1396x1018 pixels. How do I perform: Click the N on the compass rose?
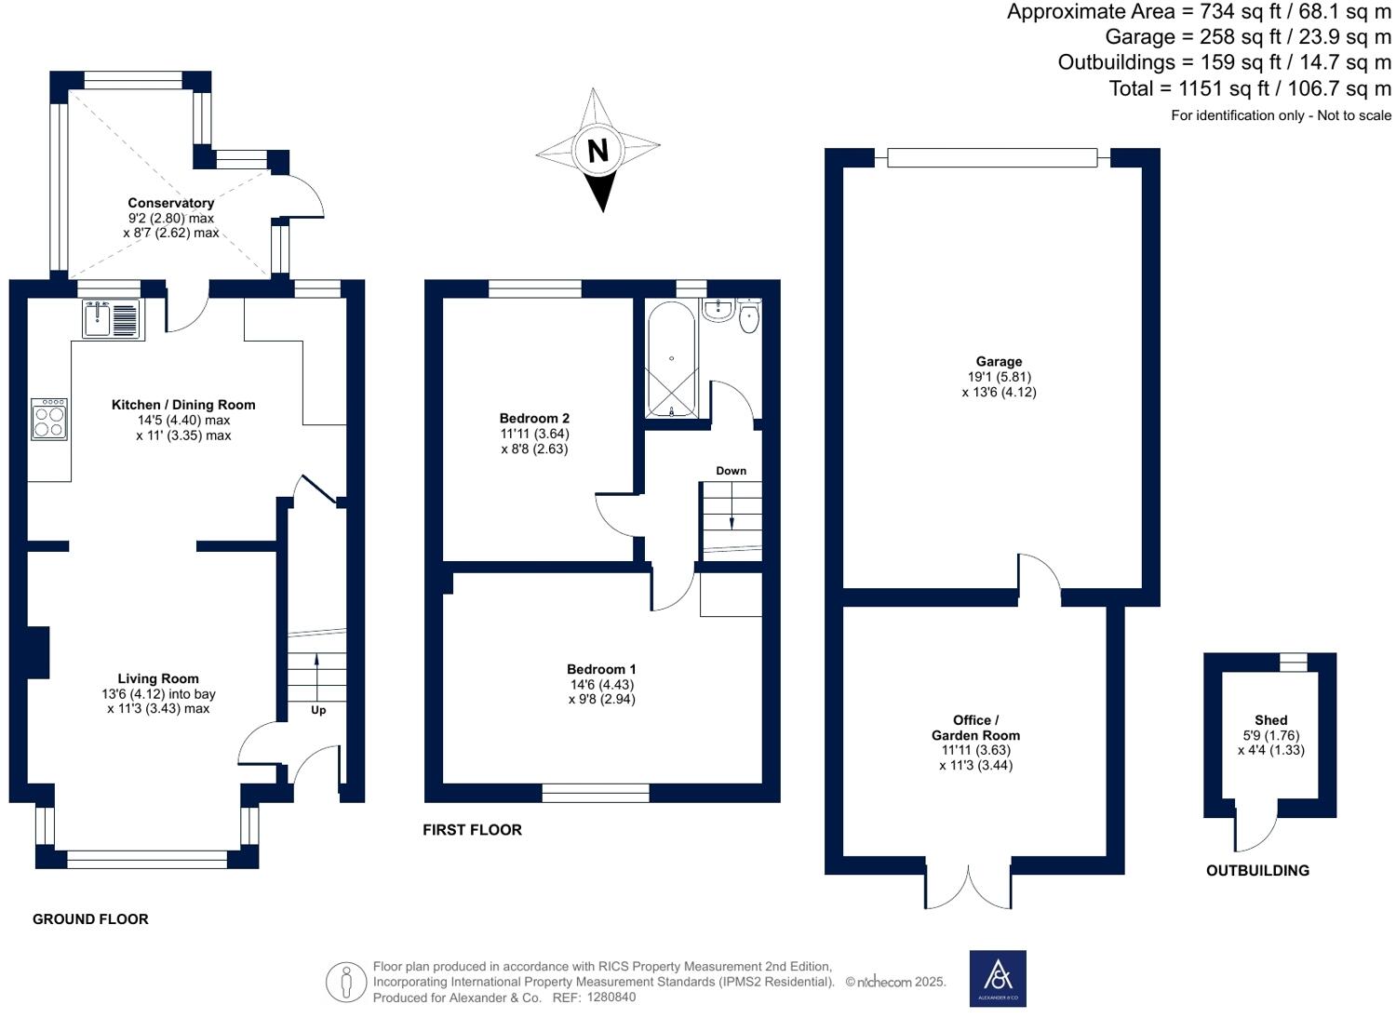pos(597,150)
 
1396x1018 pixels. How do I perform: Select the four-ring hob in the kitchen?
pos(49,419)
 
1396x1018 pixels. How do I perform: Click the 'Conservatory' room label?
pos(171,203)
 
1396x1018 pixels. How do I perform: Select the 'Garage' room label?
pos(999,361)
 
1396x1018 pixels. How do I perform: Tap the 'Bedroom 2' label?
pos(534,418)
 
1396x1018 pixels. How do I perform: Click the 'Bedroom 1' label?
pos(601,669)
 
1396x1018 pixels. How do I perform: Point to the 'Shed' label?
pos(1270,720)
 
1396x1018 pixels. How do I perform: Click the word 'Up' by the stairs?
pos(318,710)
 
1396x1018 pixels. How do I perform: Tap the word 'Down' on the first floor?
pos(731,471)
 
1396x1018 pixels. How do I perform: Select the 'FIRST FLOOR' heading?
pos(472,830)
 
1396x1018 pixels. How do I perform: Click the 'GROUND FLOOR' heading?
pos(90,919)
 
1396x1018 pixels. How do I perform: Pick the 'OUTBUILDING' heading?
pos(1257,871)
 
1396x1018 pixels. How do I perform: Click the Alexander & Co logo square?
pos(998,978)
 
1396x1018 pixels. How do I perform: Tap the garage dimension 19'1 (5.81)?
pos(999,377)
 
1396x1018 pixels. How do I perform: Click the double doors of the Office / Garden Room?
pos(968,889)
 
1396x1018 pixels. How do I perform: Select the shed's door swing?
pos(1256,831)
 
